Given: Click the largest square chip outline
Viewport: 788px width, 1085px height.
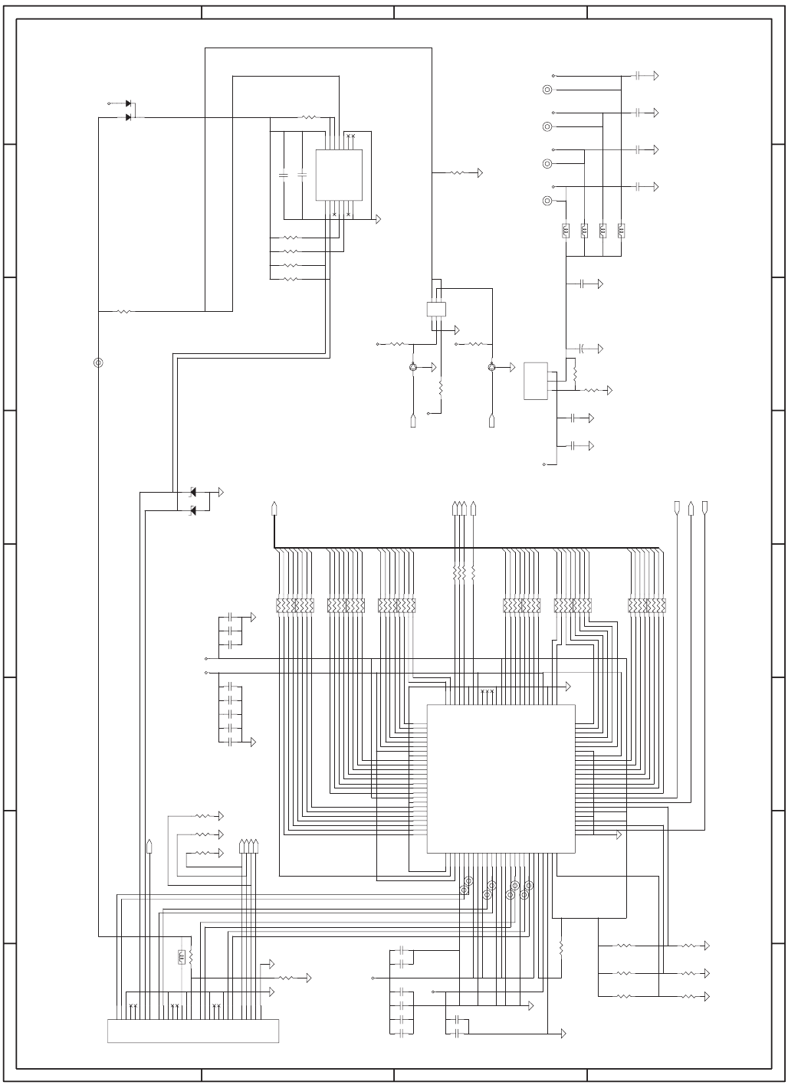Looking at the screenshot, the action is tap(501, 779).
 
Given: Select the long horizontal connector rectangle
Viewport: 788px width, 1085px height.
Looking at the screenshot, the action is tap(193, 1031).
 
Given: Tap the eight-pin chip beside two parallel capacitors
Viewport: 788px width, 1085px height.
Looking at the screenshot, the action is tap(339, 175).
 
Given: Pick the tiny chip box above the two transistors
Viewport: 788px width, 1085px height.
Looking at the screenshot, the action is tap(435, 309).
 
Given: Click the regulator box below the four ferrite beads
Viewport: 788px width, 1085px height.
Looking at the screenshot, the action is tap(536, 381).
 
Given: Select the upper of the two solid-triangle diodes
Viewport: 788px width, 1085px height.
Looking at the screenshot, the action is tap(128, 103).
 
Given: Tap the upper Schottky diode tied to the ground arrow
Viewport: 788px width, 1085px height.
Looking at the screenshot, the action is tap(192, 491).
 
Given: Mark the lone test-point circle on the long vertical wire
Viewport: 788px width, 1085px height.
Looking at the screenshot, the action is tap(97, 362).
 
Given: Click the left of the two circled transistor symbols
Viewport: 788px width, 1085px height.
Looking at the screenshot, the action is tap(413, 368).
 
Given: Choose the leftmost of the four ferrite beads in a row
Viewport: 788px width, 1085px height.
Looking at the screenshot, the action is tap(566, 230).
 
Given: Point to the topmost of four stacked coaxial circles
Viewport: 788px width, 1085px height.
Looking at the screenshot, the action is tap(547, 90).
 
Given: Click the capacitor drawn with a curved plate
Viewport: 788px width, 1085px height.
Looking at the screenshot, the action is tap(582, 349).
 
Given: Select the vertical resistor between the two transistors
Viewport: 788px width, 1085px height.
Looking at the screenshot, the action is tap(441, 387).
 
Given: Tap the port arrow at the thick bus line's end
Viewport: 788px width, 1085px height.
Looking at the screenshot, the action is tap(274, 508).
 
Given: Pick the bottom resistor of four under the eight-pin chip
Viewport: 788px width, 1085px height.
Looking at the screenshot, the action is tap(290, 279).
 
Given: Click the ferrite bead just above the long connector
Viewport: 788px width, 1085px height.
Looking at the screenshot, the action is tap(182, 956).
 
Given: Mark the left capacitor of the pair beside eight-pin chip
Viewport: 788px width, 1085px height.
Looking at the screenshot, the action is tap(284, 175).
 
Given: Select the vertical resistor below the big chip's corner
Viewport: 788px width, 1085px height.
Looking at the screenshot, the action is tap(561, 947).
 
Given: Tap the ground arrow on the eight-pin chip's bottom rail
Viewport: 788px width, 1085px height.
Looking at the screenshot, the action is tap(379, 219).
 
